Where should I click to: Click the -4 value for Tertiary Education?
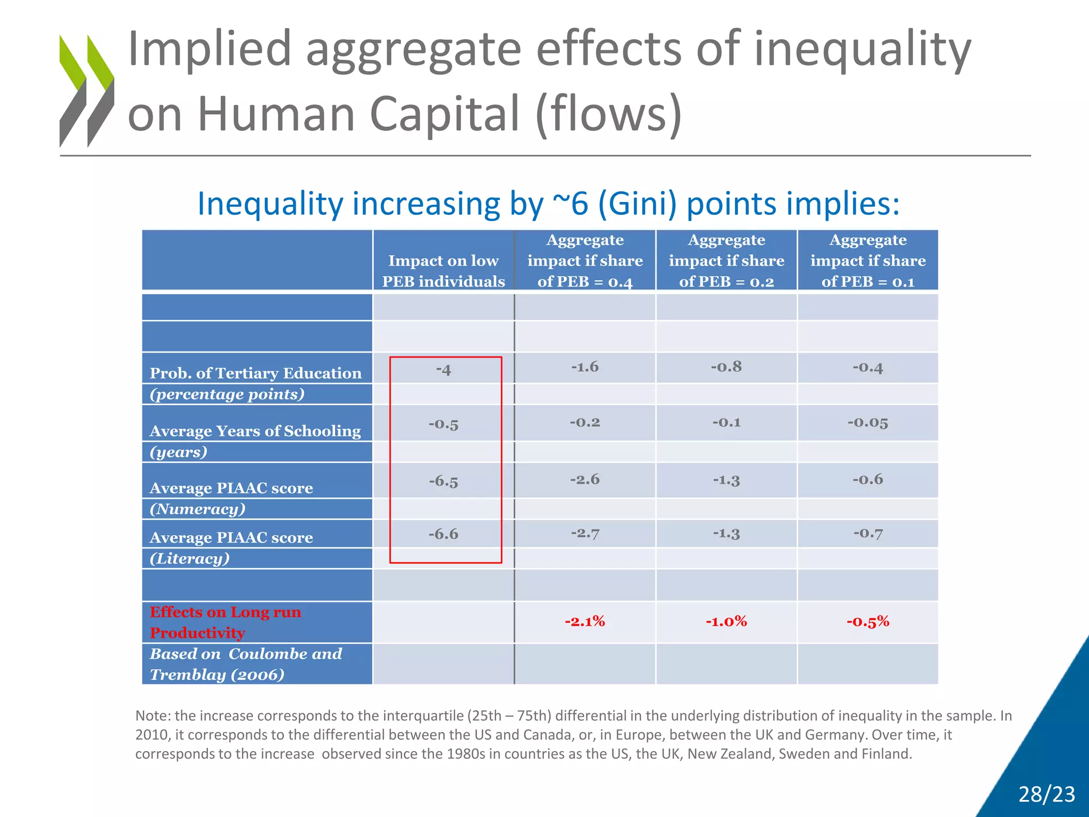(x=443, y=370)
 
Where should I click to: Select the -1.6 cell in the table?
(x=585, y=367)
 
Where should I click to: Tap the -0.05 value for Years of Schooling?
(x=868, y=423)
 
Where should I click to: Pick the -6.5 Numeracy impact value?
(x=443, y=481)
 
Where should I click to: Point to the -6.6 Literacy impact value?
(x=443, y=534)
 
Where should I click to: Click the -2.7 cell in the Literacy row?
(x=585, y=533)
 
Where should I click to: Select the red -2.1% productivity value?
(x=585, y=621)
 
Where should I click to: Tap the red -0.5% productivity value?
(x=868, y=621)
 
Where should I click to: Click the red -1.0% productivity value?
(x=726, y=621)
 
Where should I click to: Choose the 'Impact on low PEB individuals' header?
(x=443, y=271)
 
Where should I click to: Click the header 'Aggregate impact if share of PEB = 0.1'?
(x=868, y=261)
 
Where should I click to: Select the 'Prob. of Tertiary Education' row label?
(x=255, y=373)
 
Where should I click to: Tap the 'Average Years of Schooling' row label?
(x=255, y=431)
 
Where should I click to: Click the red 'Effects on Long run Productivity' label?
(x=225, y=622)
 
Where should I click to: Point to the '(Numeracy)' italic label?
(x=198, y=509)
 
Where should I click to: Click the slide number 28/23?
(x=1046, y=794)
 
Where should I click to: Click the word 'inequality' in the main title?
(x=862, y=49)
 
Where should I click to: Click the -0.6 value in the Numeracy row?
(x=868, y=480)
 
